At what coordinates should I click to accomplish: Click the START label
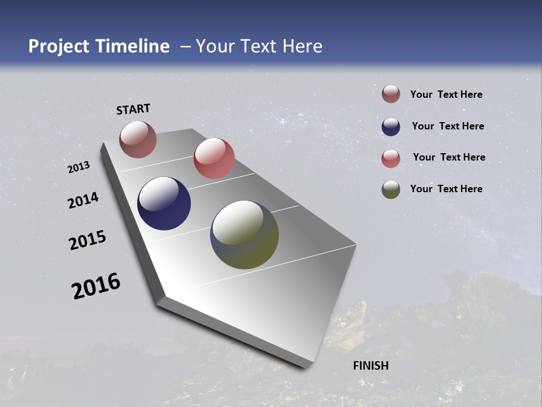[x=133, y=109]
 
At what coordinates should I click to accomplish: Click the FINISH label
[x=371, y=366]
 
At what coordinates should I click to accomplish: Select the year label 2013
[x=78, y=167]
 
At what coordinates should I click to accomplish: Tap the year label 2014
[x=83, y=200]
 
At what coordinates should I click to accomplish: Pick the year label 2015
[x=88, y=240]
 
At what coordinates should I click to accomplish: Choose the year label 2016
[x=96, y=286]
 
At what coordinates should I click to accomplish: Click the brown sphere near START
[x=138, y=139]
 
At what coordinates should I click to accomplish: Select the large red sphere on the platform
[x=214, y=158]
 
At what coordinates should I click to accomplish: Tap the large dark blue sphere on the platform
[x=164, y=203]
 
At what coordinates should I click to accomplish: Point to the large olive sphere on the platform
[x=244, y=235]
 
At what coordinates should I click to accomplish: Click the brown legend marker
[x=391, y=94]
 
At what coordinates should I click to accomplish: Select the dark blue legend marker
[x=391, y=127]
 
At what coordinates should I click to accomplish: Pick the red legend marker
[x=391, y=158]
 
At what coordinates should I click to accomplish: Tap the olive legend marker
[x=391, y=189]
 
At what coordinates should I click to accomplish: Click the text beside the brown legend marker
[x=446, y=94]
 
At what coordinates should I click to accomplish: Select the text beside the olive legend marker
[x=446, y=189]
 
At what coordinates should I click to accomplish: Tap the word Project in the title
[x=59, y=46]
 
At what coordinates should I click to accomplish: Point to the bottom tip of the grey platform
[x=305, y=367]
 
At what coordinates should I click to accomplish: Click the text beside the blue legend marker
[x=448, y=126]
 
